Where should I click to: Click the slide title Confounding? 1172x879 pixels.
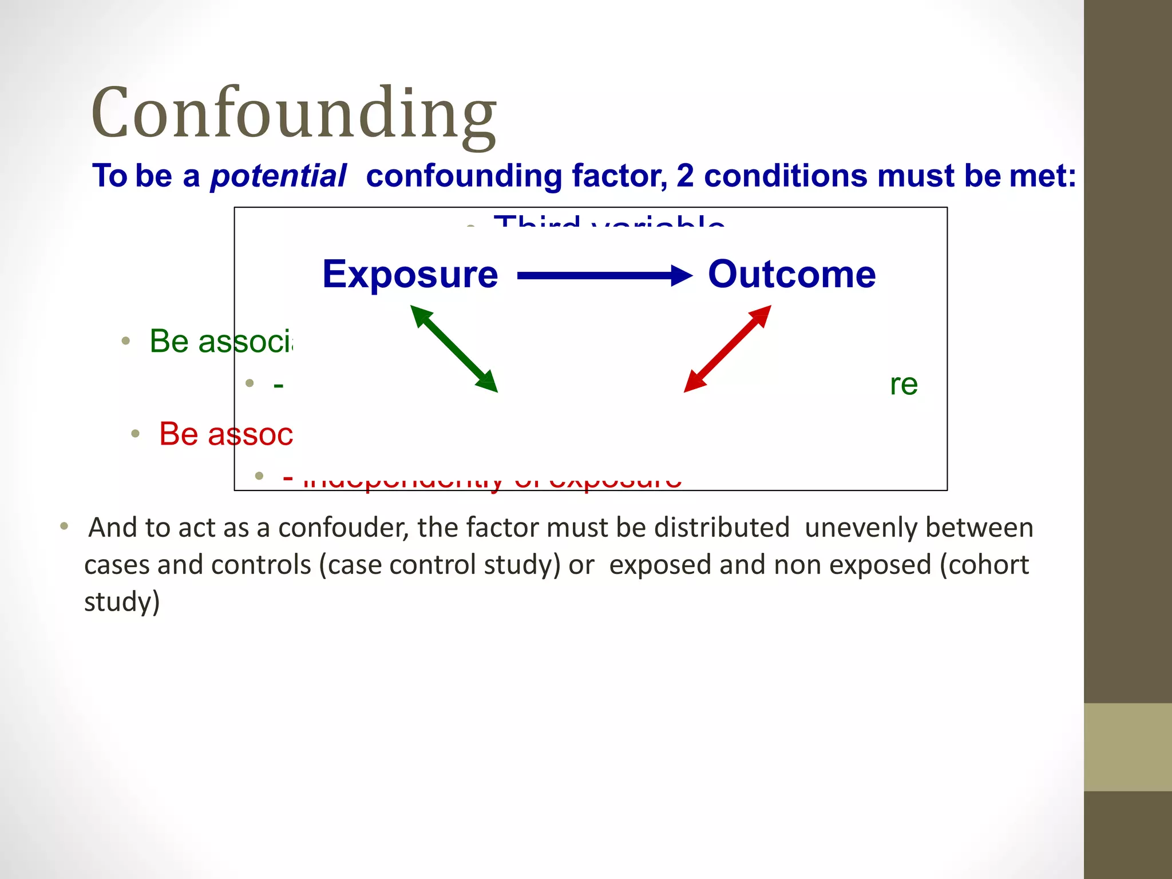tap(293, 113)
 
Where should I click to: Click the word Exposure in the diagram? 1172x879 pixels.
tap(410, 275)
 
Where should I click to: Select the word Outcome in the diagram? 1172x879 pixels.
tap(791, 275)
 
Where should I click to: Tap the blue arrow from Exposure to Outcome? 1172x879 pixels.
tap(604, 276)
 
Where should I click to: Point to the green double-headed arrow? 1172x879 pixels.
tap(454, 349)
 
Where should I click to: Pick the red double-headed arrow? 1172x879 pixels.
tap(727, 349)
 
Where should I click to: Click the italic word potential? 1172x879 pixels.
tap(278, 176)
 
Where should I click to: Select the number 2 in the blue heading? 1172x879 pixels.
tap(684, 176)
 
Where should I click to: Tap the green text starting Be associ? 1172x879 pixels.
tap(221, 342)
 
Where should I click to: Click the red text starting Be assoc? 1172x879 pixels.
tap(225, 434)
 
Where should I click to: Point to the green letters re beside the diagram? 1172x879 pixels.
tap(904, 385)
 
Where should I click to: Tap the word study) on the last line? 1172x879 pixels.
tap(122, 602)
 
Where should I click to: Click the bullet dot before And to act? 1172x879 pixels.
tap(64, 526)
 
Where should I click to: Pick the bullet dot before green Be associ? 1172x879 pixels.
tap(126, 342)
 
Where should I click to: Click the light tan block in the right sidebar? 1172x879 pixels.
tap(1127, 747)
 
